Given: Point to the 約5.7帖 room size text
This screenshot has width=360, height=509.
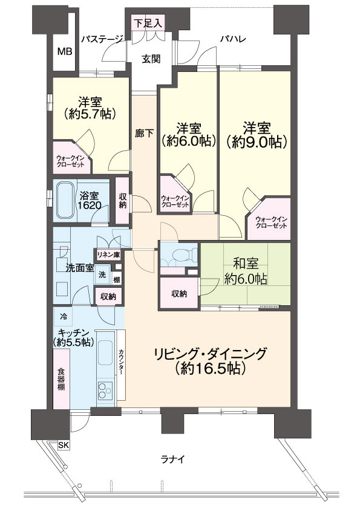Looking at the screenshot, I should [x=89, y=112].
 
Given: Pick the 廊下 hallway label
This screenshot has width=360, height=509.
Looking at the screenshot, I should [x=144, y=135].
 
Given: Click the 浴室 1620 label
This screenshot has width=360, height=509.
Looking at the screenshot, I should [x=93, y=201].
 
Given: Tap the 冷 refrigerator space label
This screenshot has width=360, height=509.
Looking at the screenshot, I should [x=64, y=316].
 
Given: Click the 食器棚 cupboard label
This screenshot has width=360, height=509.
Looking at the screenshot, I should [x=61, y=379].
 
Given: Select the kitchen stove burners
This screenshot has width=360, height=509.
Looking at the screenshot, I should [x=105, y=390].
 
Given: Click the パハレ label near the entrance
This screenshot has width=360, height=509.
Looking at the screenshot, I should [x=231, y=40].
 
